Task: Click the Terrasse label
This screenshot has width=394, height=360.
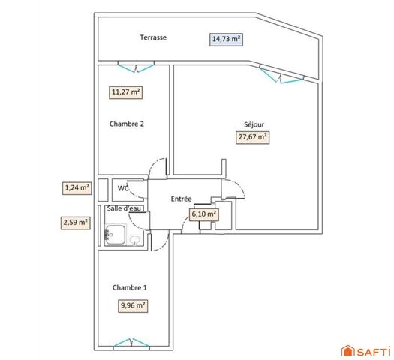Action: (x=152, y=37)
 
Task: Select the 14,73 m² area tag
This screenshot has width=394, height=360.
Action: (x=226, y=39)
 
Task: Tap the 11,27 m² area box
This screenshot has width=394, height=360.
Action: (x=126, y=92)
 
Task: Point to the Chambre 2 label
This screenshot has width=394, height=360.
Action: (x=126, y=124)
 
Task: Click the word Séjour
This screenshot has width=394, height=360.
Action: (x=254, y=124)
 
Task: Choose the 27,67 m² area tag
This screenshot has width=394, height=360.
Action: (x=253, y=137)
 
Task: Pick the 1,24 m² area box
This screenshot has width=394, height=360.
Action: (x=77, y=188)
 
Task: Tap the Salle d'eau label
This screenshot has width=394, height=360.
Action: (x=122, y=208)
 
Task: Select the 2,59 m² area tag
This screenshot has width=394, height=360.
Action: (x=76, y=222)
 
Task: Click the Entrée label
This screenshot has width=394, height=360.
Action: (x=182, y=199)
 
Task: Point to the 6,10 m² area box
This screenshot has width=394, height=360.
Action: (x=204, y=214)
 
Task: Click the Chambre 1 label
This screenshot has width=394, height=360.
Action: (x=129, y=288)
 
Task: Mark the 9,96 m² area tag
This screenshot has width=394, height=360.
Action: (x=132, y=305)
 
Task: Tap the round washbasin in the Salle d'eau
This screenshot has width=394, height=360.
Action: (x=134, y=241)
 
